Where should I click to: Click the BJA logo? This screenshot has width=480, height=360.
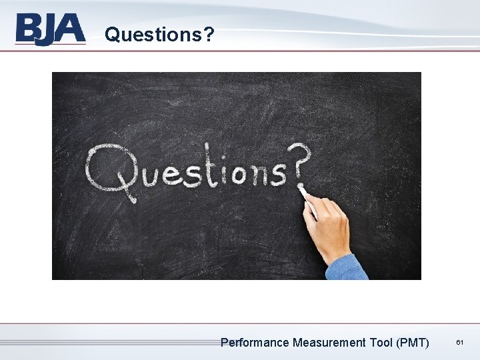coord(51,29)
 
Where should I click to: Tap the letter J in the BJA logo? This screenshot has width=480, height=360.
coord(51,31)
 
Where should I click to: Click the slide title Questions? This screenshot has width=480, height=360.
coord(159,33)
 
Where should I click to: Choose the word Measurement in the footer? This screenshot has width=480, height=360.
coord(328,343)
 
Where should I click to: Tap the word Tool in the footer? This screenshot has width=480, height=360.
coord(381,343)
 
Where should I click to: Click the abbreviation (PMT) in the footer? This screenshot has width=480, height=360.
coord(413,343)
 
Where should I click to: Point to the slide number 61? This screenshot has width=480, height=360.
coord(459,342)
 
